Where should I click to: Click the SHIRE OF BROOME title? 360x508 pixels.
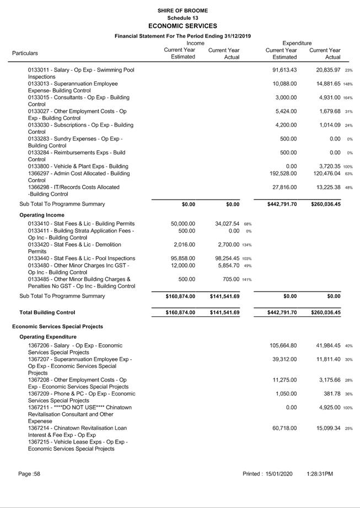(x=182, y=10)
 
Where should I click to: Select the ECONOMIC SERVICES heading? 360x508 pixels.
(x=182, y=26)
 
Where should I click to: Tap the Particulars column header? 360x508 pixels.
(x=25, y=53)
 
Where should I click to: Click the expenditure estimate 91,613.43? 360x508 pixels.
(x=285, y=70)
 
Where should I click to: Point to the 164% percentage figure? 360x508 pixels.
(x=348, y=98)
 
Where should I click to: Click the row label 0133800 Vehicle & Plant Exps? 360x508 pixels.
(x=78, y=166)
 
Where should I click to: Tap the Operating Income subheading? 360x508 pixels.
(x=42, y=214)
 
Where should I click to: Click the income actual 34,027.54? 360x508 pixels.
(x=228, y=224)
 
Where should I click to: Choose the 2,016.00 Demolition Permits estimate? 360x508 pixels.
(x=185, y=245)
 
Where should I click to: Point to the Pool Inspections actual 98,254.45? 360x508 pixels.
(x=228, y=258)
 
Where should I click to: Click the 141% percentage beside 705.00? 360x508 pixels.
(x=247, y=279)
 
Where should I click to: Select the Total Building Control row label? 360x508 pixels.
(x=47, y=312)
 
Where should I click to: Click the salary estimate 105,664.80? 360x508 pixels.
(x=285, y=345)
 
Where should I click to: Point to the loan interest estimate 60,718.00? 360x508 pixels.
(x=285, y=428)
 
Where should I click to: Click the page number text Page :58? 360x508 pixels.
(x=29, y=474)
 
